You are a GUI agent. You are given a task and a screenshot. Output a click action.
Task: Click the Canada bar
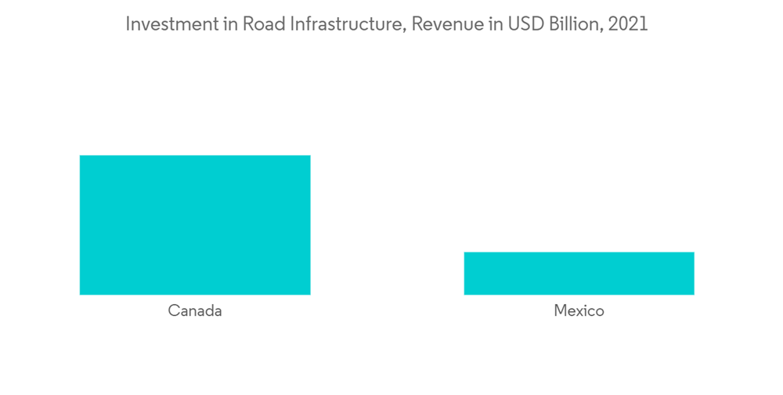(195, 225)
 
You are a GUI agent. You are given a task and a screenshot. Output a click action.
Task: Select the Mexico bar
(579, 273)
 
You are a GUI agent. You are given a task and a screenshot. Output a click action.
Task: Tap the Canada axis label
(195, 311)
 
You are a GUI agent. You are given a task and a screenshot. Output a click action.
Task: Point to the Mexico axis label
(579, 311)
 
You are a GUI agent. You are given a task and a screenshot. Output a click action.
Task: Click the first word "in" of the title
(227, 24)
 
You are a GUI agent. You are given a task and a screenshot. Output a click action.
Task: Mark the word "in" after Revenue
(484, 24)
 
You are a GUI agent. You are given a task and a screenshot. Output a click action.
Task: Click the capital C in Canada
(174, 311)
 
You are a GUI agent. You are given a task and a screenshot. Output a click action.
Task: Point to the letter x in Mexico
(580, 312)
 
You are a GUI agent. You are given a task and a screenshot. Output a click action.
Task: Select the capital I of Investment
(128, 24)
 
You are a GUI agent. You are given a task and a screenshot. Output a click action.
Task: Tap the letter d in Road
(275, 24)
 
